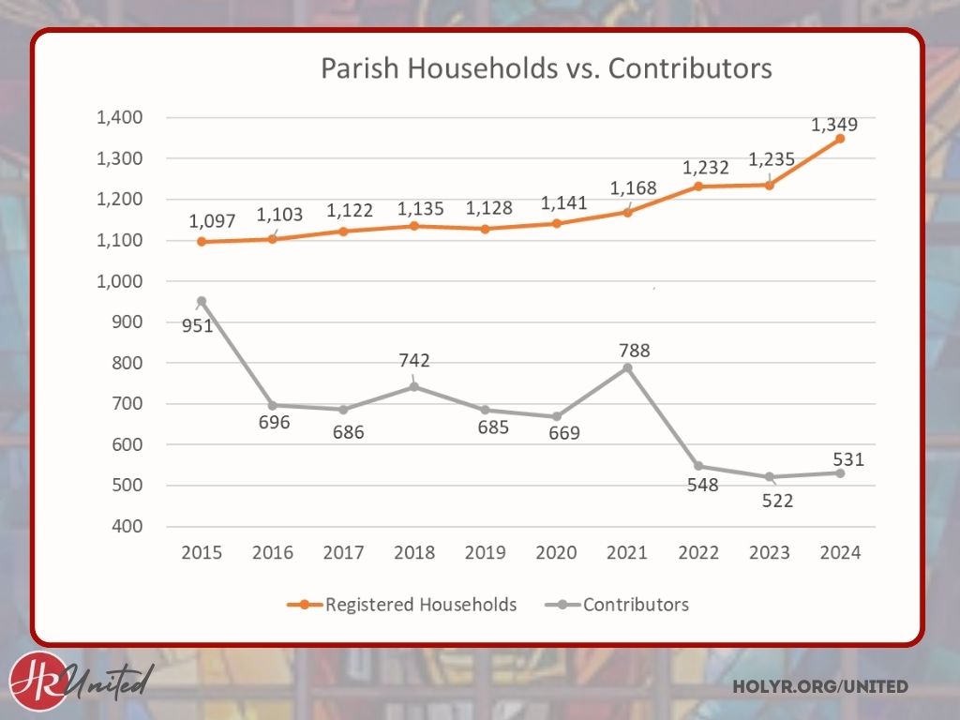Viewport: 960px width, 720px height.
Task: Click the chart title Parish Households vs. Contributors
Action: [547, 68]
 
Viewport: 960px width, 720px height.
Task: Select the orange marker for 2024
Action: [840, 139]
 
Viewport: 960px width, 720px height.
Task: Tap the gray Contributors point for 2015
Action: [202, 301]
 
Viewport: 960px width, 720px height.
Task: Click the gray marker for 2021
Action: [627, 367]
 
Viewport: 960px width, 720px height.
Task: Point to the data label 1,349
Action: [834, 124]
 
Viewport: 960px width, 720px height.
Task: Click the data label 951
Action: [198, 325]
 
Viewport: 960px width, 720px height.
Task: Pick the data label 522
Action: [777, 501]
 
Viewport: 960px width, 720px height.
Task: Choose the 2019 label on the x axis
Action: [485, 552]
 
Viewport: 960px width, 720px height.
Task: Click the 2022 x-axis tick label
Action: [697, 552]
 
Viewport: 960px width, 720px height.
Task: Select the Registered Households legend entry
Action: [402, 605]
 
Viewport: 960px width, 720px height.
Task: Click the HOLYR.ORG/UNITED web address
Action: [820, 687]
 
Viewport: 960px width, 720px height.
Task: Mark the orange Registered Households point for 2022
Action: [698, 187]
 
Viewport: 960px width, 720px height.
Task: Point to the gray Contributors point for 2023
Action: [769, 477]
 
